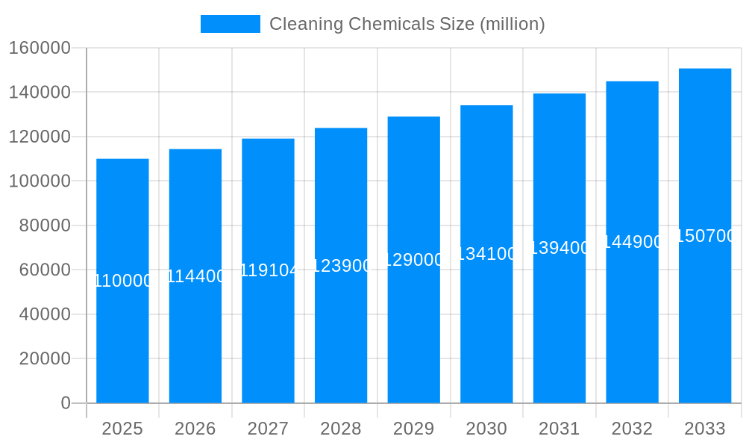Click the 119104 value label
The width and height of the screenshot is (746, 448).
(x=269, y=270)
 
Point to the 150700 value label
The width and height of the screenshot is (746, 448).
(x=705, y=236)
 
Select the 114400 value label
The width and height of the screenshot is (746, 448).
(x=195, y=276)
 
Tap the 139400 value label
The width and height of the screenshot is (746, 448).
(x=559, y=248)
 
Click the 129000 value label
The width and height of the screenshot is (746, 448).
(x=414, y=260)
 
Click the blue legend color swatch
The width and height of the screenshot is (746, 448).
(x=230, y=24)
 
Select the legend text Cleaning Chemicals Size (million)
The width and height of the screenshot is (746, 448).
(x=407, y=24)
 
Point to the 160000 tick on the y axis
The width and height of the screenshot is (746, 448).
(x=40, y=48)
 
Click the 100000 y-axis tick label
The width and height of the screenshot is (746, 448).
(x=40, y=181)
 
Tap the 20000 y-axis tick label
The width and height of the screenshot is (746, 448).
(x=45, y=358)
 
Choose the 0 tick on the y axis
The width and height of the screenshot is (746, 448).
(x=66, y=403)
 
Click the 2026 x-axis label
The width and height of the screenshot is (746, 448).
(x=195, y=429)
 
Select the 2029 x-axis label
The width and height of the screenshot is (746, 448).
(x=414, y=429)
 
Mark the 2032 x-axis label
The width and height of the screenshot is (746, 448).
(x=632, y=429)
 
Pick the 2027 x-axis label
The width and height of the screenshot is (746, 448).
(x=269, y=429)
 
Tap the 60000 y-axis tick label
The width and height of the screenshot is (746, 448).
(x=45, y=270)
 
